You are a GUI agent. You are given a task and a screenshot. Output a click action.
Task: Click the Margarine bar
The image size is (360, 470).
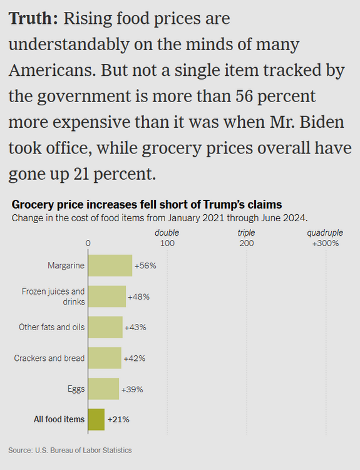pos(110,266)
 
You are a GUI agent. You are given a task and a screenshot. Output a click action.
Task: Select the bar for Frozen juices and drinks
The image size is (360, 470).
pos(107,296)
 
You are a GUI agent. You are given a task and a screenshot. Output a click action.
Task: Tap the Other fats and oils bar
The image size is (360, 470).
pos(105,327)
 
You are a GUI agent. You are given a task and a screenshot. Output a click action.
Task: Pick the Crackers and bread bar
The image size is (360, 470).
pos(105,358)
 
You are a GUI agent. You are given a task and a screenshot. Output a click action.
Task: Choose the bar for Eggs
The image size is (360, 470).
pos(104,389)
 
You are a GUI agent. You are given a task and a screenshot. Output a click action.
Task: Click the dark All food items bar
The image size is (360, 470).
pos(96,420)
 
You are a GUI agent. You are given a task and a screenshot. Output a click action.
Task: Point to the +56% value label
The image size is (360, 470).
pos(145,266)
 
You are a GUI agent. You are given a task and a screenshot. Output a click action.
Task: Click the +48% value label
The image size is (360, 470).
pos(138,297)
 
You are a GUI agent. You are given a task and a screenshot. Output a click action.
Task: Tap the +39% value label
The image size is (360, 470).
pos(132,389)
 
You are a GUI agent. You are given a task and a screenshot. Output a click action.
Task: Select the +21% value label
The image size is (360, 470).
pos(118,419)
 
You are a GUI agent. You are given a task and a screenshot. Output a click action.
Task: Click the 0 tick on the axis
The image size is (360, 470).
pos(88,243)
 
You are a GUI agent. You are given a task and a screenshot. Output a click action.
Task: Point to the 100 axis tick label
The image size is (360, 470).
pos(167,243)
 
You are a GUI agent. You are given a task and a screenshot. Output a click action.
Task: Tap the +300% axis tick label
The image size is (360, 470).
pos(326,243)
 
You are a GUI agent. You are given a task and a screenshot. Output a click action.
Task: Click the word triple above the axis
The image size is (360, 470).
pos(246,233)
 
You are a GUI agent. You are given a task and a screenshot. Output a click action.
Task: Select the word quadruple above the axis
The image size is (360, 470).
pos(325,233)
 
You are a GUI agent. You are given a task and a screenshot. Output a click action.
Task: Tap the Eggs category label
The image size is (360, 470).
pos(76,389)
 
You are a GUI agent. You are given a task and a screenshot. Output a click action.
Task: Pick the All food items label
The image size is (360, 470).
pos(59,419)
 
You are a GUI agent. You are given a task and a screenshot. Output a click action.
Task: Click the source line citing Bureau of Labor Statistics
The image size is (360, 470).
pos(70,450)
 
